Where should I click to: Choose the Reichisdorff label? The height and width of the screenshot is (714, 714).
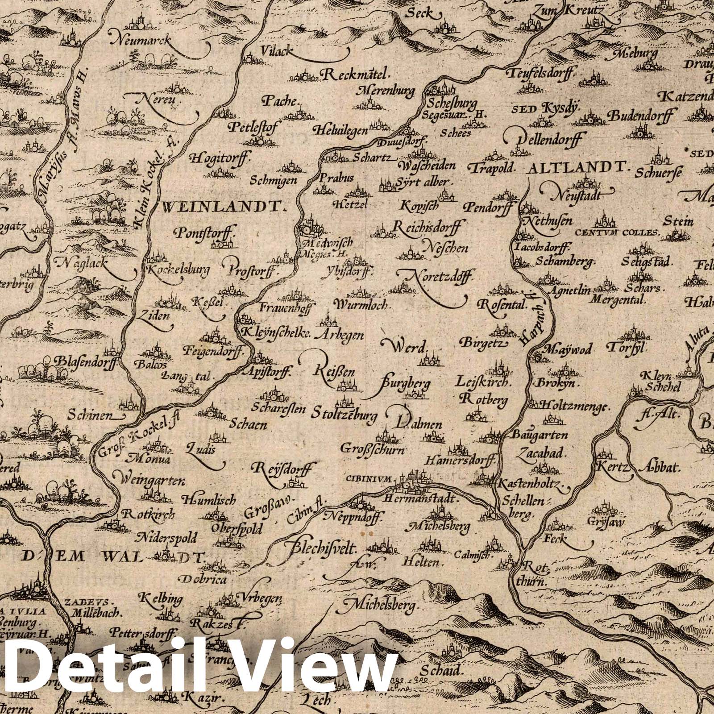click(x=427, y=227)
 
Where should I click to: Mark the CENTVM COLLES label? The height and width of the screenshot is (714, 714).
click(x=618, y=232)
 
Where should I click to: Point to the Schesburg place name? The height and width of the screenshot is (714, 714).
click(x=447, y=104)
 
